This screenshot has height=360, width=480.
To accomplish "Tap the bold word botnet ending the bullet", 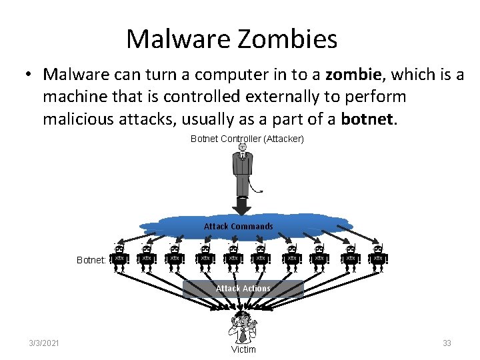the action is [367, 119].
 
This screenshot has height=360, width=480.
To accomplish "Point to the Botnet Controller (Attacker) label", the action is [247, 139].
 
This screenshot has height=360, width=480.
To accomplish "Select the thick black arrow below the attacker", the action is [243, 205].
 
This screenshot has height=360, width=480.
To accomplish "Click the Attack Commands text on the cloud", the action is [238, 226].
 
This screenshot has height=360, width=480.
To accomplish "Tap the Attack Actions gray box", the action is [243, 289].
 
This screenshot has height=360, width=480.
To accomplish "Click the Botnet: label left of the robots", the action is [91, 260].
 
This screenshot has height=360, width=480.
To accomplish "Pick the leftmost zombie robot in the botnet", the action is [119, 257].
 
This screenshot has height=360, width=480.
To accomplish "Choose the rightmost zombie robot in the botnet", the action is [378, 257].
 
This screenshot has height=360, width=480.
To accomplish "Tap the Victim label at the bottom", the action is [243, 349].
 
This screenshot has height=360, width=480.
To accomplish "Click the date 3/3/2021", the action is [44, 343].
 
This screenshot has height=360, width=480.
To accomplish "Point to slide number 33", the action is [447, 343].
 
